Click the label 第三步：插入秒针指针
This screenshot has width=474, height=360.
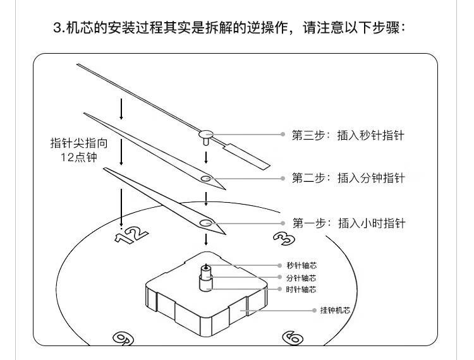click(x=347, y=135)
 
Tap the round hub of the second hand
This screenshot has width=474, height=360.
click(x=206, y=133)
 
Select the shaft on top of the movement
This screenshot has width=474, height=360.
click(x=206, y=275)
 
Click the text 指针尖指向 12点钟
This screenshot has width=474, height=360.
click(x=74, y=150)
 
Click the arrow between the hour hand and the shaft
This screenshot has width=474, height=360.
click(x=206, y=240)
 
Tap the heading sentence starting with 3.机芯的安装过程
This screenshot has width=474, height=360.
click(x=236, y=28)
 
